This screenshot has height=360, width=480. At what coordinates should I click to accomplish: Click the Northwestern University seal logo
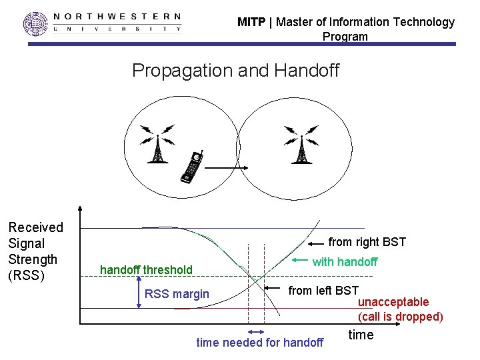point(36,23)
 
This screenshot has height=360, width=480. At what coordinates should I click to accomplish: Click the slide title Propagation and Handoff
point(235,70)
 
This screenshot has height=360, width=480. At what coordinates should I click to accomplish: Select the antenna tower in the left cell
point(157,145)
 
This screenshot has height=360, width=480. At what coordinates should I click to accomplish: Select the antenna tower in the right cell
point(301,145)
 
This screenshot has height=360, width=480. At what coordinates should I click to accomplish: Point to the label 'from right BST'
point(367,242)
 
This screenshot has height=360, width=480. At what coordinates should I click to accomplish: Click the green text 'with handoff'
point(345,262)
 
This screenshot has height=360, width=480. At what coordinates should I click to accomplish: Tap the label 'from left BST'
point(323,291)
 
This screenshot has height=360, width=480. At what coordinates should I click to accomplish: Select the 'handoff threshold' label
point(146,270)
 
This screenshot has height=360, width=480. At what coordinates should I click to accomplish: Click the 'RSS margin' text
point(177,294)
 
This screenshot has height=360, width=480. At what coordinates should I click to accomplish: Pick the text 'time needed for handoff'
point(260,343)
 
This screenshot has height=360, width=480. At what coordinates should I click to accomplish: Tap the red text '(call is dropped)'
point(400,317)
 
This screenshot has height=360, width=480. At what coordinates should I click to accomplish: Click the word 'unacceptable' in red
point(393,303)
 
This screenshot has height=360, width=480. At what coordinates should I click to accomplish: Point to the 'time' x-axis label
point(361,335)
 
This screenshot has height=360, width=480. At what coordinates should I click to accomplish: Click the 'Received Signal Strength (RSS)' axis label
point(36,251)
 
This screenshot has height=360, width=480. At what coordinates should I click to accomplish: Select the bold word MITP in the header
point(251,22)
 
